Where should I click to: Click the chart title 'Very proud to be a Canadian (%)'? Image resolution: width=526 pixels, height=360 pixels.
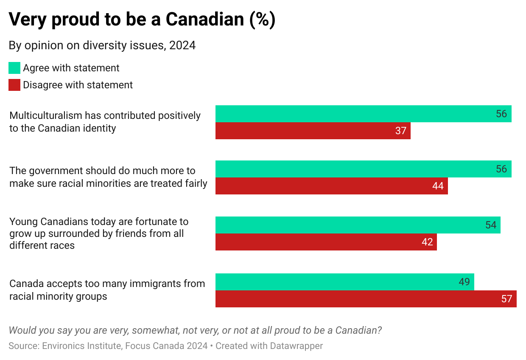(x=142, y=20)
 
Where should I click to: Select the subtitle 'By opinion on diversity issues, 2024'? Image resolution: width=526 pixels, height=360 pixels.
(x=102, y=45)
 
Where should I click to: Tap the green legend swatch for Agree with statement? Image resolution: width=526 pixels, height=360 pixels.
(x=14, y=68)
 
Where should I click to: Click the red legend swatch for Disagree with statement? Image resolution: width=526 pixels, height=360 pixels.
(x=14, y=85)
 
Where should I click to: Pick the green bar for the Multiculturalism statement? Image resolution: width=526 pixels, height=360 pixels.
(x=363, y=114)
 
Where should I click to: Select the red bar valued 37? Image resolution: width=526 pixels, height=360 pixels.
(x=313, y=131)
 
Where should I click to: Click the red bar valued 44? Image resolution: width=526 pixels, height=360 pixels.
(x=331, y=186)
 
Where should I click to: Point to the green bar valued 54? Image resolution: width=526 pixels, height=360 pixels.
(x=358, y=225)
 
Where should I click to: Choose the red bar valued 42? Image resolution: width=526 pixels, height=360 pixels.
(x=326, y=242)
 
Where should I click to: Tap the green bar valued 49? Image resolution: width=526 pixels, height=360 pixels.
(x=344, y=282)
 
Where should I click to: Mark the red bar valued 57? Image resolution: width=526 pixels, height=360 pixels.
(x=366, y=299)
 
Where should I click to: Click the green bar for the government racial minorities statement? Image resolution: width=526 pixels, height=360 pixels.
(x=363, y=169)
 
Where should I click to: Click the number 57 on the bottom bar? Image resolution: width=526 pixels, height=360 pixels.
(x=506, y=299)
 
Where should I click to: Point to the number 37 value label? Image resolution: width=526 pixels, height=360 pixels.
(x=401, y=131)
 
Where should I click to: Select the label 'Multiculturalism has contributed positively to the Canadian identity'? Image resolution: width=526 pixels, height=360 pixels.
(x=105, y=122)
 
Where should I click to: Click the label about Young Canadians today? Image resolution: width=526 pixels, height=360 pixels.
(x=99, y=233)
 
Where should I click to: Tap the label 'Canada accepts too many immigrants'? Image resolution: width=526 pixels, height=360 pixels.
(x=107, y=290)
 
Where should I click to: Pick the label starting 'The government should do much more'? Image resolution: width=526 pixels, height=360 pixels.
(x=108, y=177)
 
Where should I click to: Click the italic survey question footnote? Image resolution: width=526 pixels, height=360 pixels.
(x=195, y=330)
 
